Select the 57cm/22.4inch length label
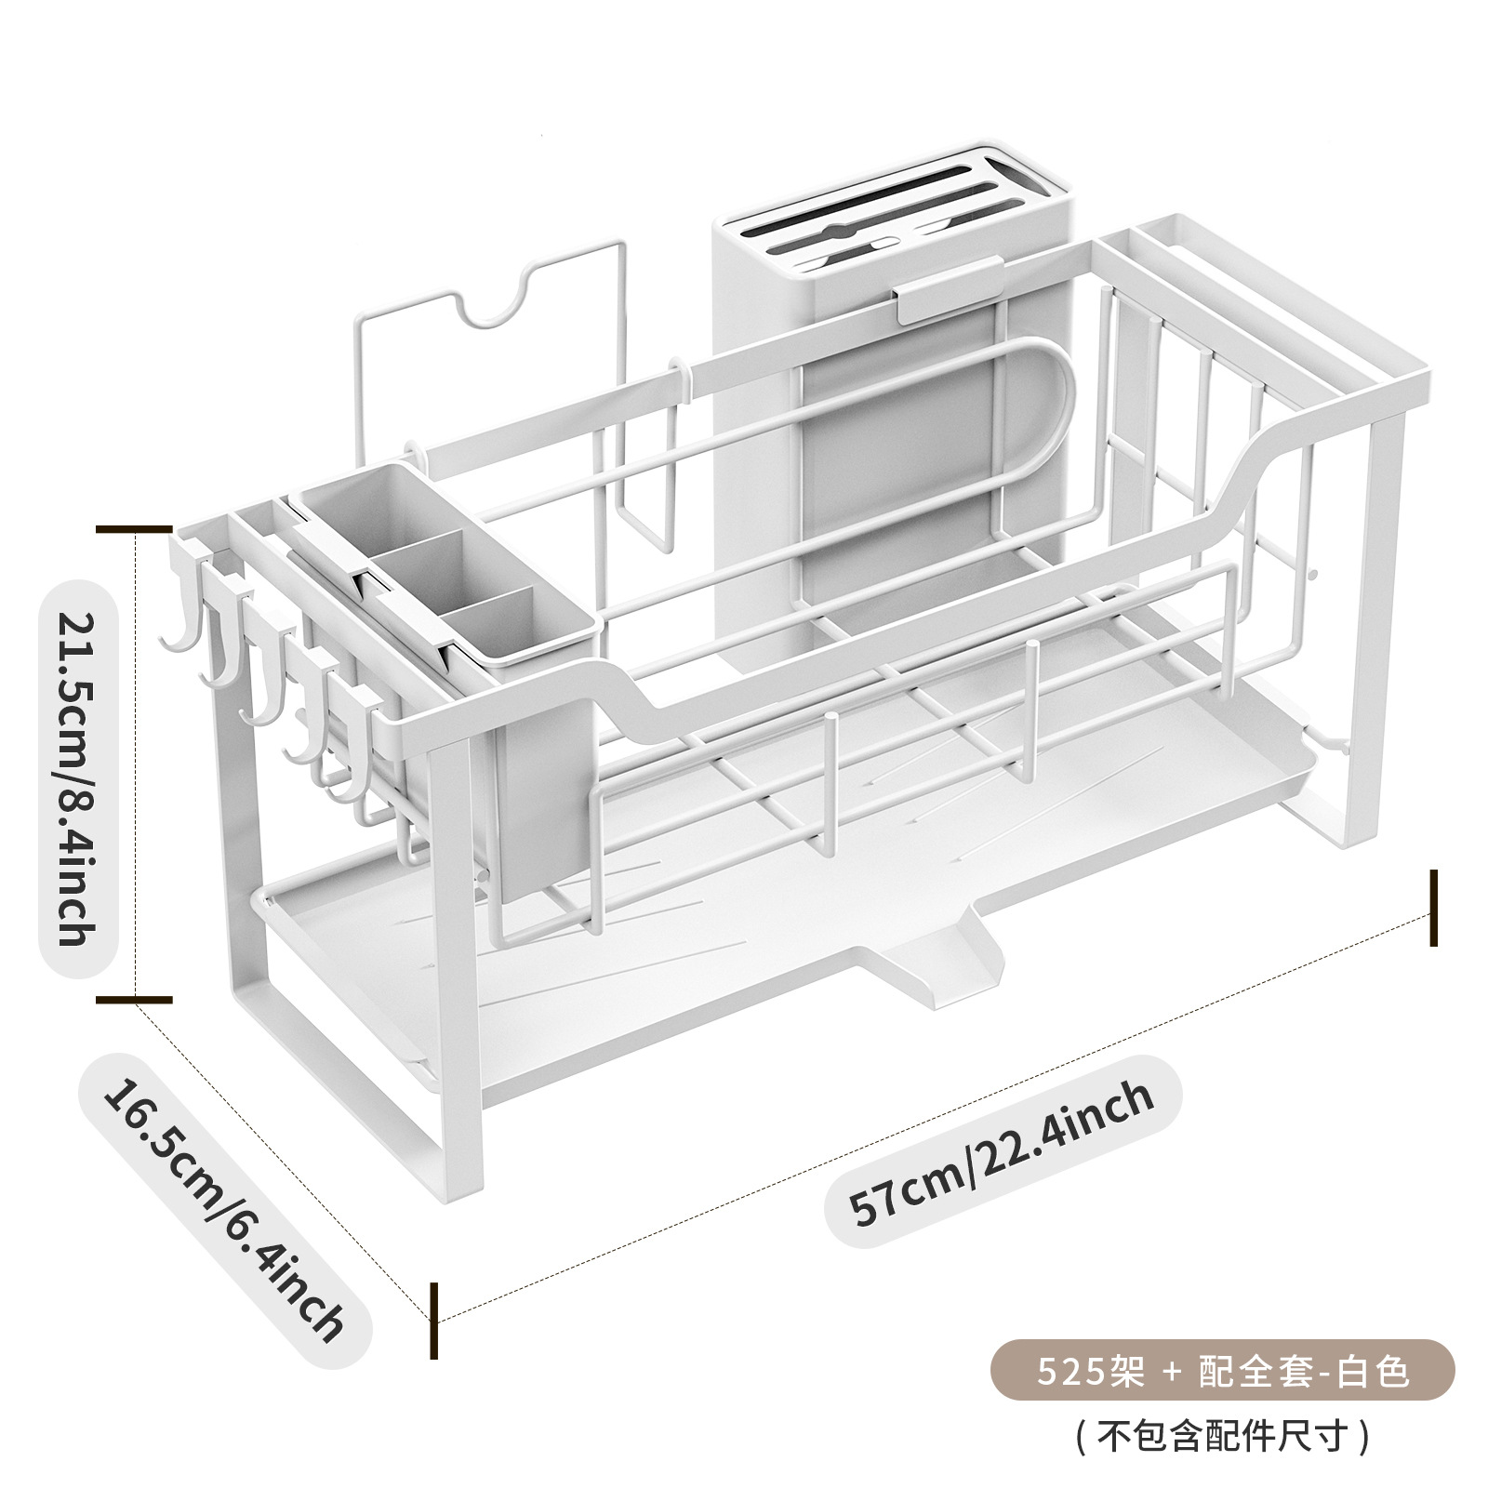tap(1003, 1159)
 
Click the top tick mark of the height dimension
tap(136, 531)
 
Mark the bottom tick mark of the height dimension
tap(136, 1001)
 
